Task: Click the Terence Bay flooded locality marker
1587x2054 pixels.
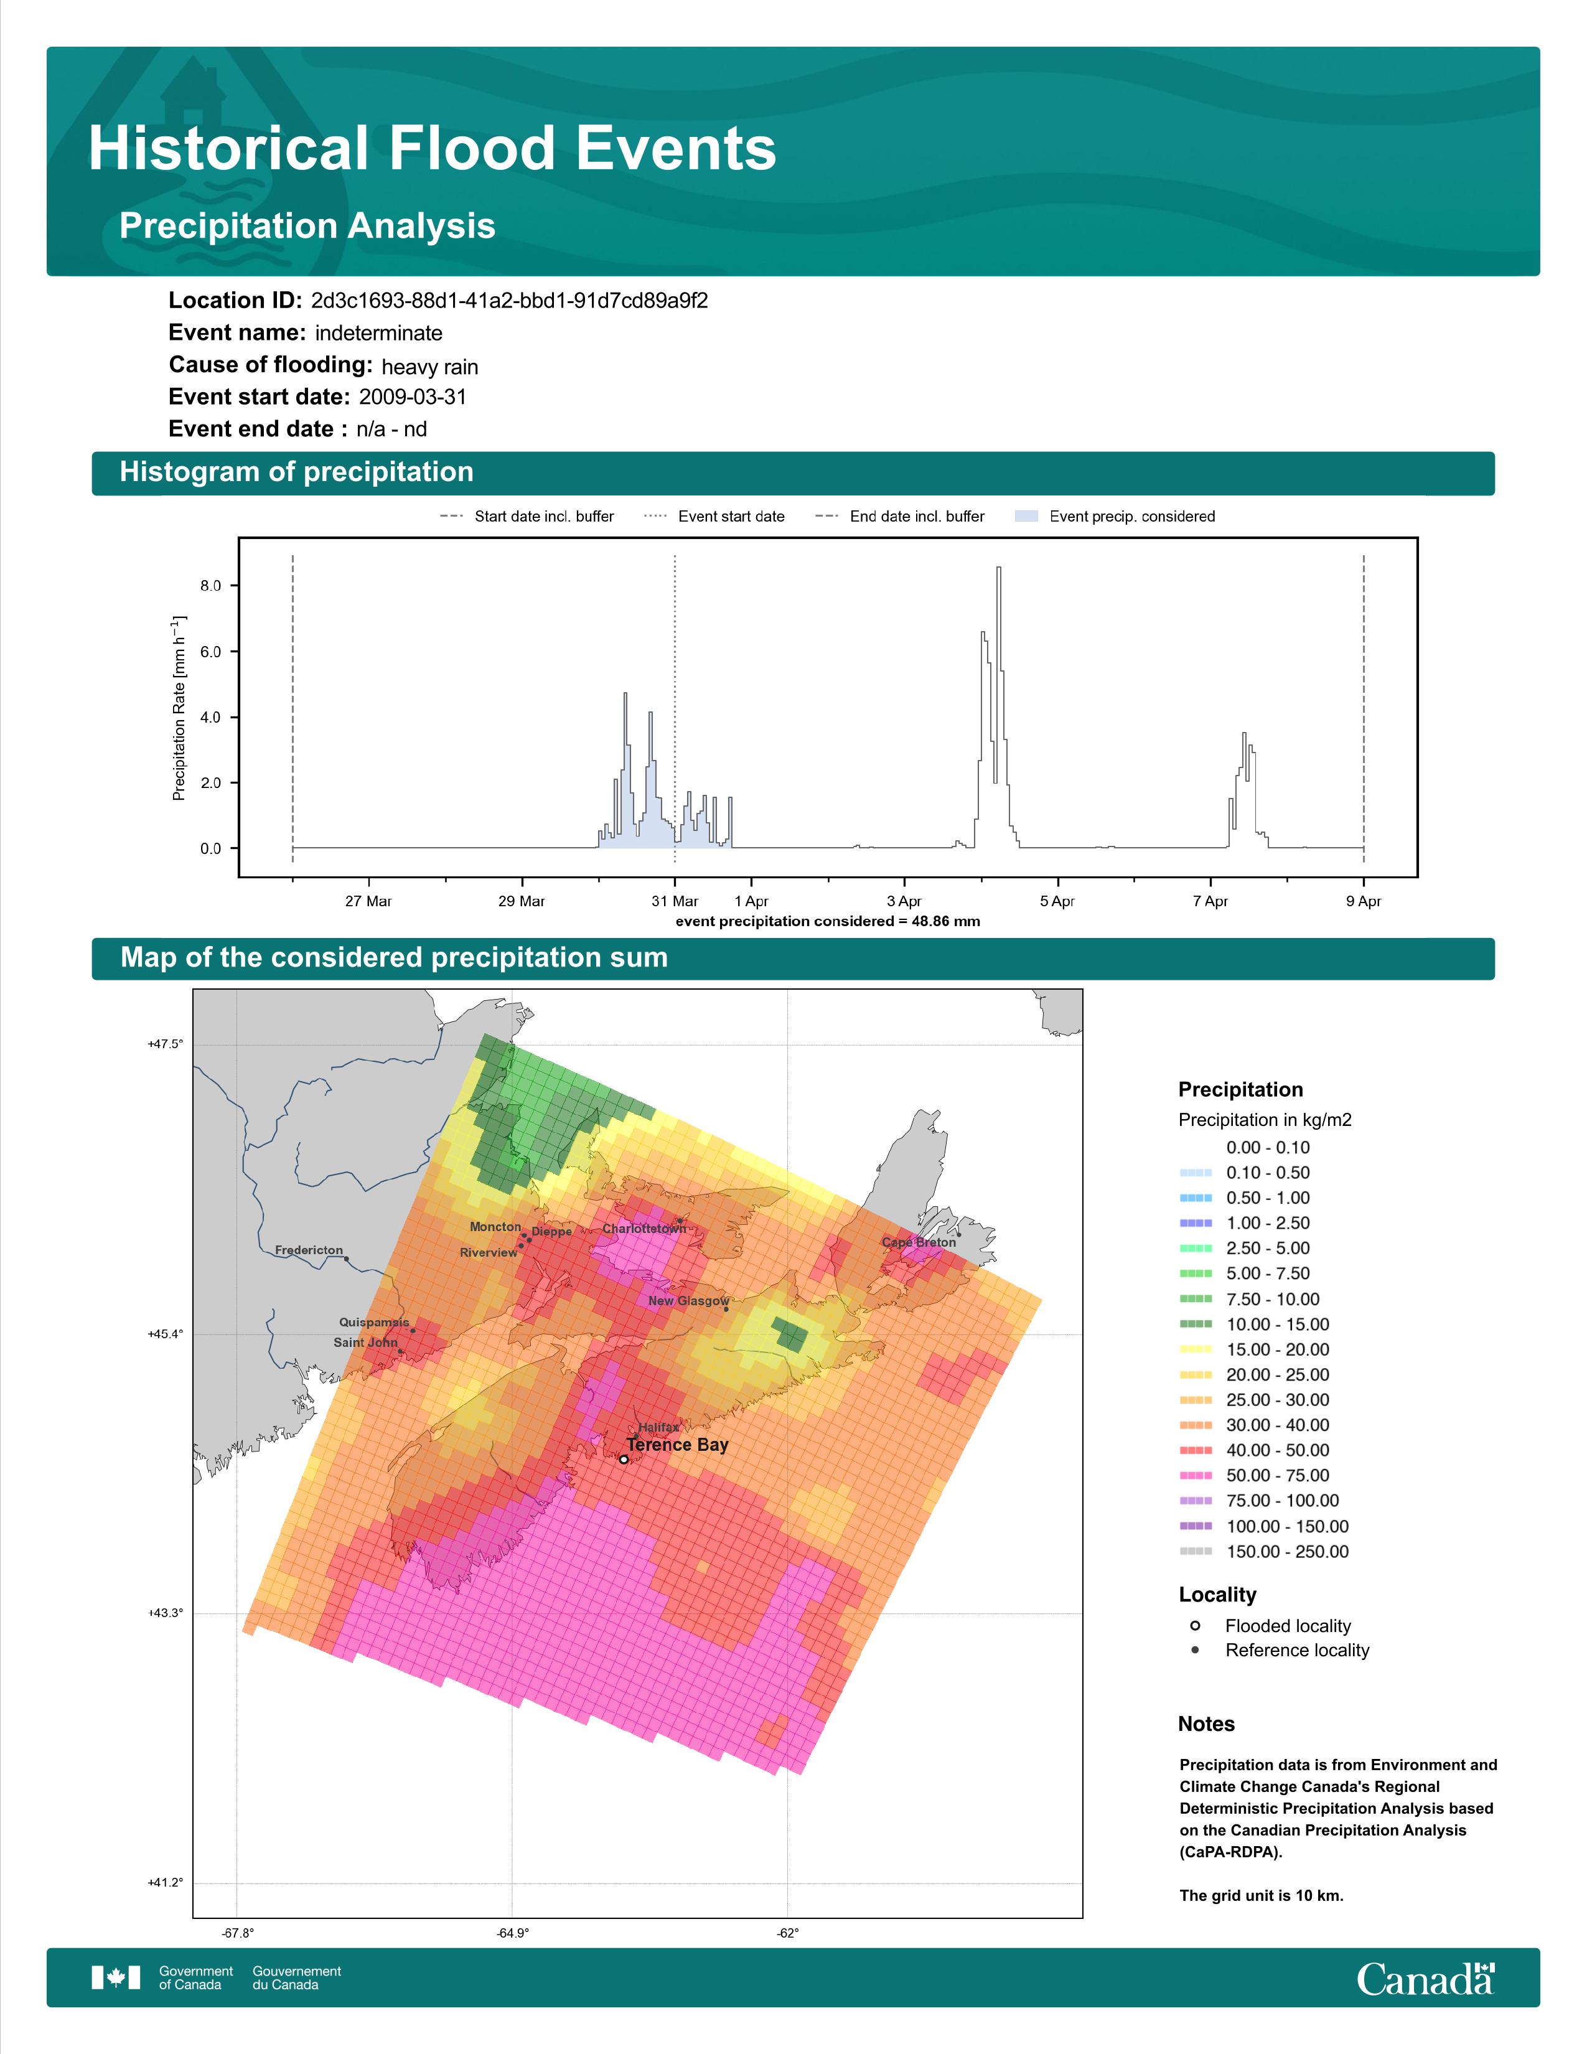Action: tap(624, 1460)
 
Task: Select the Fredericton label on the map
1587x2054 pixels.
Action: tap(309, 1250)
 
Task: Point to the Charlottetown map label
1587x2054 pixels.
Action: tap(644, 1228)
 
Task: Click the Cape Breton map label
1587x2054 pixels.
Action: tap(919, 1242)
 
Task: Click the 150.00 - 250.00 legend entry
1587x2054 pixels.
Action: tap(1263, 1552)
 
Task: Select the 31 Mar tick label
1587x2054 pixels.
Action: tap(675, 901)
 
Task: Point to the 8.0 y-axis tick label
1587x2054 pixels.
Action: tap(210, 585)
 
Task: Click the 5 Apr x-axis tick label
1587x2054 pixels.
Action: tap(1057, 901)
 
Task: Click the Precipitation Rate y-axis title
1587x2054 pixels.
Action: tap(179, 708)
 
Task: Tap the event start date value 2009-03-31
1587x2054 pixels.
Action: tap(413, 397)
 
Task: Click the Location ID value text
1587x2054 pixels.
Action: tap(510, 301)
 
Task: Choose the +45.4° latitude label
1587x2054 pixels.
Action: tap(166, 1334)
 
